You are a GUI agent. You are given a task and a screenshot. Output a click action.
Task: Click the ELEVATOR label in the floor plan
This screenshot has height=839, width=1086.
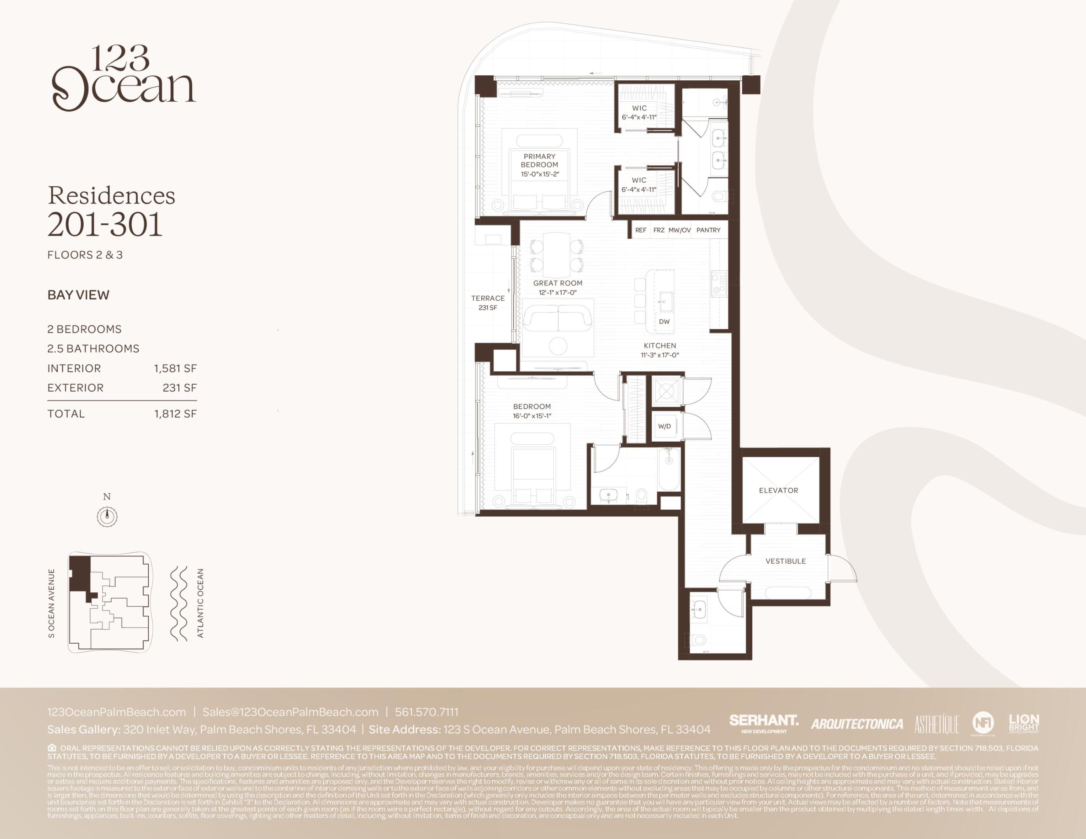click(x=778, y=491)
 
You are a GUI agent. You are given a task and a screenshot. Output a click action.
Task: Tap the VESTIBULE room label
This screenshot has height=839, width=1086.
click(x=786, y=561)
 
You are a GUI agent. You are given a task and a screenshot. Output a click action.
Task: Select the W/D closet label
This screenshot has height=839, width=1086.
click(x=664, y=426)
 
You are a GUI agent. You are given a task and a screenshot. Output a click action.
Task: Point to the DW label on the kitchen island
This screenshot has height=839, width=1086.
click(x=664, y=322)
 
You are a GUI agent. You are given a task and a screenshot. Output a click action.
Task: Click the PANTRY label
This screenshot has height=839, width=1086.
click(x=708, y=230)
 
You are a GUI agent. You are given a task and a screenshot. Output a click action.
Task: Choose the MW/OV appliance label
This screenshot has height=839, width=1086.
click(x=679, y=230)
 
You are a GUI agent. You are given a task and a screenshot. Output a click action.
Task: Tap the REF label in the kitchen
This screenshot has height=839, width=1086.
click(x=640, y=230)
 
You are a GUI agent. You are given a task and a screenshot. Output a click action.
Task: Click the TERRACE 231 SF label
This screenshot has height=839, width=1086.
click(x=488, y=303)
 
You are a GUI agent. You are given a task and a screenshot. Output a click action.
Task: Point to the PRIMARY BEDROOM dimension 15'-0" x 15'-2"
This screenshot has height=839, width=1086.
click(x=540, y=174)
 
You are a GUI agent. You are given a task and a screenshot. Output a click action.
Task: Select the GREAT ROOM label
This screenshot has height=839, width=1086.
click(x=558, y=283)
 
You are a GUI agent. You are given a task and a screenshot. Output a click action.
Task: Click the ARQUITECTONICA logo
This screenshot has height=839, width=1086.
click(x=857, y=724)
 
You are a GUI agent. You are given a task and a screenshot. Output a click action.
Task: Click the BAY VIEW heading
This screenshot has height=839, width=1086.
click(x=78, y=295)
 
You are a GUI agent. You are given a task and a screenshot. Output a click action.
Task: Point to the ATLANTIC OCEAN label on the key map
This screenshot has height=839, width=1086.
click(x=200, y=603)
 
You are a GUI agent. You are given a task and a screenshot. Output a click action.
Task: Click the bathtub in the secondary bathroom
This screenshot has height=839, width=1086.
click(x=668, y=470)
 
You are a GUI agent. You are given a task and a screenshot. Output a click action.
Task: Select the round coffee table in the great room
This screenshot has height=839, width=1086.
click(x=558, y=346)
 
